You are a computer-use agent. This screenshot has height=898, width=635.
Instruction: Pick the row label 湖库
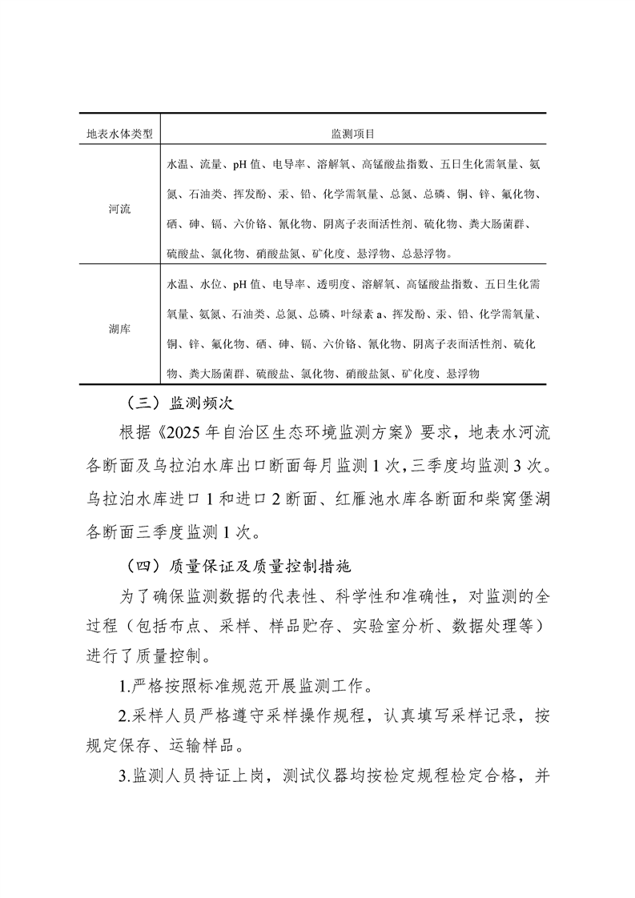click(119, 329)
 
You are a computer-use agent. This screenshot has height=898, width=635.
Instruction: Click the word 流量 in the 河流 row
click(211, 165)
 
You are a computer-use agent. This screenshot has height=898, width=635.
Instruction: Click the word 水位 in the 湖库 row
click(211, 284)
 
